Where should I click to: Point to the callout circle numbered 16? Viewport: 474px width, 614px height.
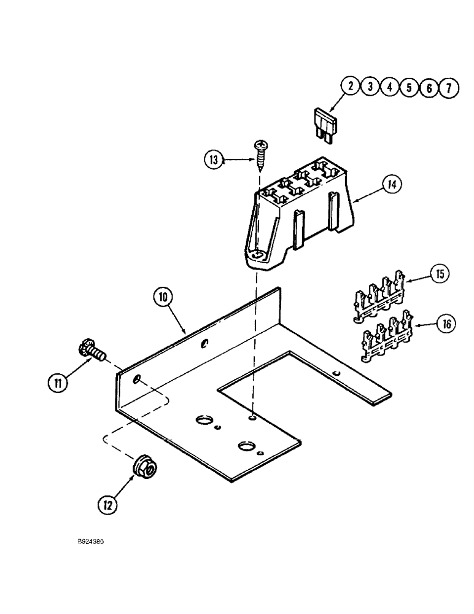(447, 324)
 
